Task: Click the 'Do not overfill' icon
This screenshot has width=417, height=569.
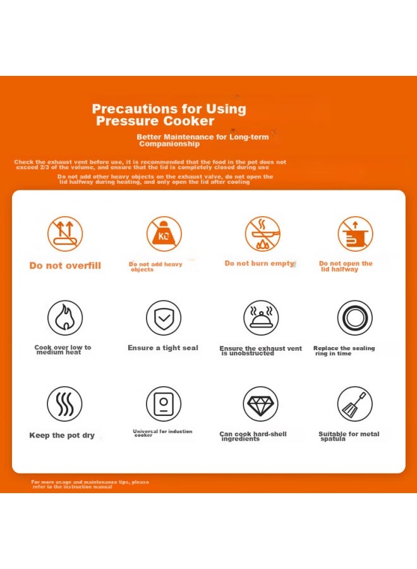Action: click(x=65, y=234)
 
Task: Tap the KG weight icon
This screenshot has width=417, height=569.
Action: click(x=164, y=234)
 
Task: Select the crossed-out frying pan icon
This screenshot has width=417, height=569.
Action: click(x=263, y=234)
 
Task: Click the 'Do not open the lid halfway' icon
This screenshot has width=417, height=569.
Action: click(x=355, y=234)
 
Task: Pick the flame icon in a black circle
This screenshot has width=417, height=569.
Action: click(x=65, y=317)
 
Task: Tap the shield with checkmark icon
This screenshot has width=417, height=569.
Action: click(x=164, y=317)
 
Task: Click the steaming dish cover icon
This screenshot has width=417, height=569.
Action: click(x=261, y=317)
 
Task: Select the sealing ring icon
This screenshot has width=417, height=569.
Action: click(x=355, y=317)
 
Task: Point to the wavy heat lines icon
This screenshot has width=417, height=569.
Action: click(x=65, y=403)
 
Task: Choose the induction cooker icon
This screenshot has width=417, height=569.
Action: click(x=164, y=403)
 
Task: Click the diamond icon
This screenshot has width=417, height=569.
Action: click(x=260, y=403)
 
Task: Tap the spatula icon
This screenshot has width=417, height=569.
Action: click(x=355, y=403)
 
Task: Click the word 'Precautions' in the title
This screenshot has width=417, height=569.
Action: click(x=135, y=109)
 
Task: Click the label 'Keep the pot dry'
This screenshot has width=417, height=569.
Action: click(x=62, y=435)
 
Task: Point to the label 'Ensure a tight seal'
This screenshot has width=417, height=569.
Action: click(x=163, y=348)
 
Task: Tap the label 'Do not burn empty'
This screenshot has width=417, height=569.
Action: click(x=259, y=264)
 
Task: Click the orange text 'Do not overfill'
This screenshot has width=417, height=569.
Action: click(x=65, y=266)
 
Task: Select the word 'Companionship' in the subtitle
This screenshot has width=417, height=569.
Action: click(x=169, y=144)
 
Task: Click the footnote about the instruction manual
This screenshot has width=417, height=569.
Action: click(x=90, y=484)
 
